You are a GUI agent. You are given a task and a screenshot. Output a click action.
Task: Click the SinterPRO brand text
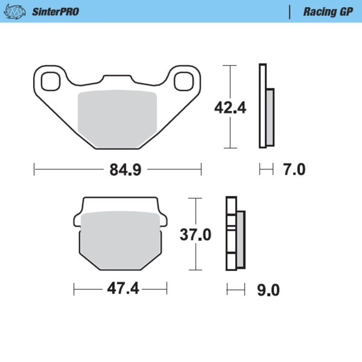coord(55,12)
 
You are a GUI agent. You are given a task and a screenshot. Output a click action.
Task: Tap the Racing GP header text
coord(328,12)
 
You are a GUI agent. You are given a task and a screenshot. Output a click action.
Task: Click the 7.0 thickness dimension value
coord(294,170)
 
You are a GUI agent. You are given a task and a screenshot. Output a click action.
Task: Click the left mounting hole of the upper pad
coord(51,81)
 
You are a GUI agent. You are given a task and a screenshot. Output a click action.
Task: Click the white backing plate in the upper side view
coord(262,106)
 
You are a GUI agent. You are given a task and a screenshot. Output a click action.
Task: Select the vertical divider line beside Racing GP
coord(289,12)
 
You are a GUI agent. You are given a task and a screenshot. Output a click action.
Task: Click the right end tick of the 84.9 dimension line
coord(200,170)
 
